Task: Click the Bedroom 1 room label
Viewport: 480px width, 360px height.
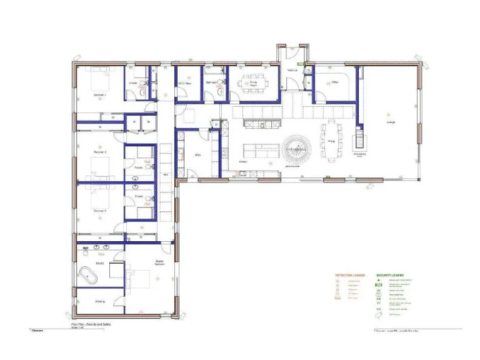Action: pos(100,95)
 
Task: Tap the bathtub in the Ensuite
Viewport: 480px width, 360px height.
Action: pos(89,273)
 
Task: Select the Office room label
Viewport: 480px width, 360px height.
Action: pos(335,82)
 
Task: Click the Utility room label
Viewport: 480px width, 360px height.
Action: pos(197,154)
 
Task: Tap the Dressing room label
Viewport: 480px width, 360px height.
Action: pos(100,301)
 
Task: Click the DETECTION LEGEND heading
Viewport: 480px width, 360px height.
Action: pos(349,274)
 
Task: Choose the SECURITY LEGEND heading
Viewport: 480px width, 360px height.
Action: pos(391,274)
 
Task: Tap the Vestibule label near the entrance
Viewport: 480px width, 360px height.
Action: pos(292,71)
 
